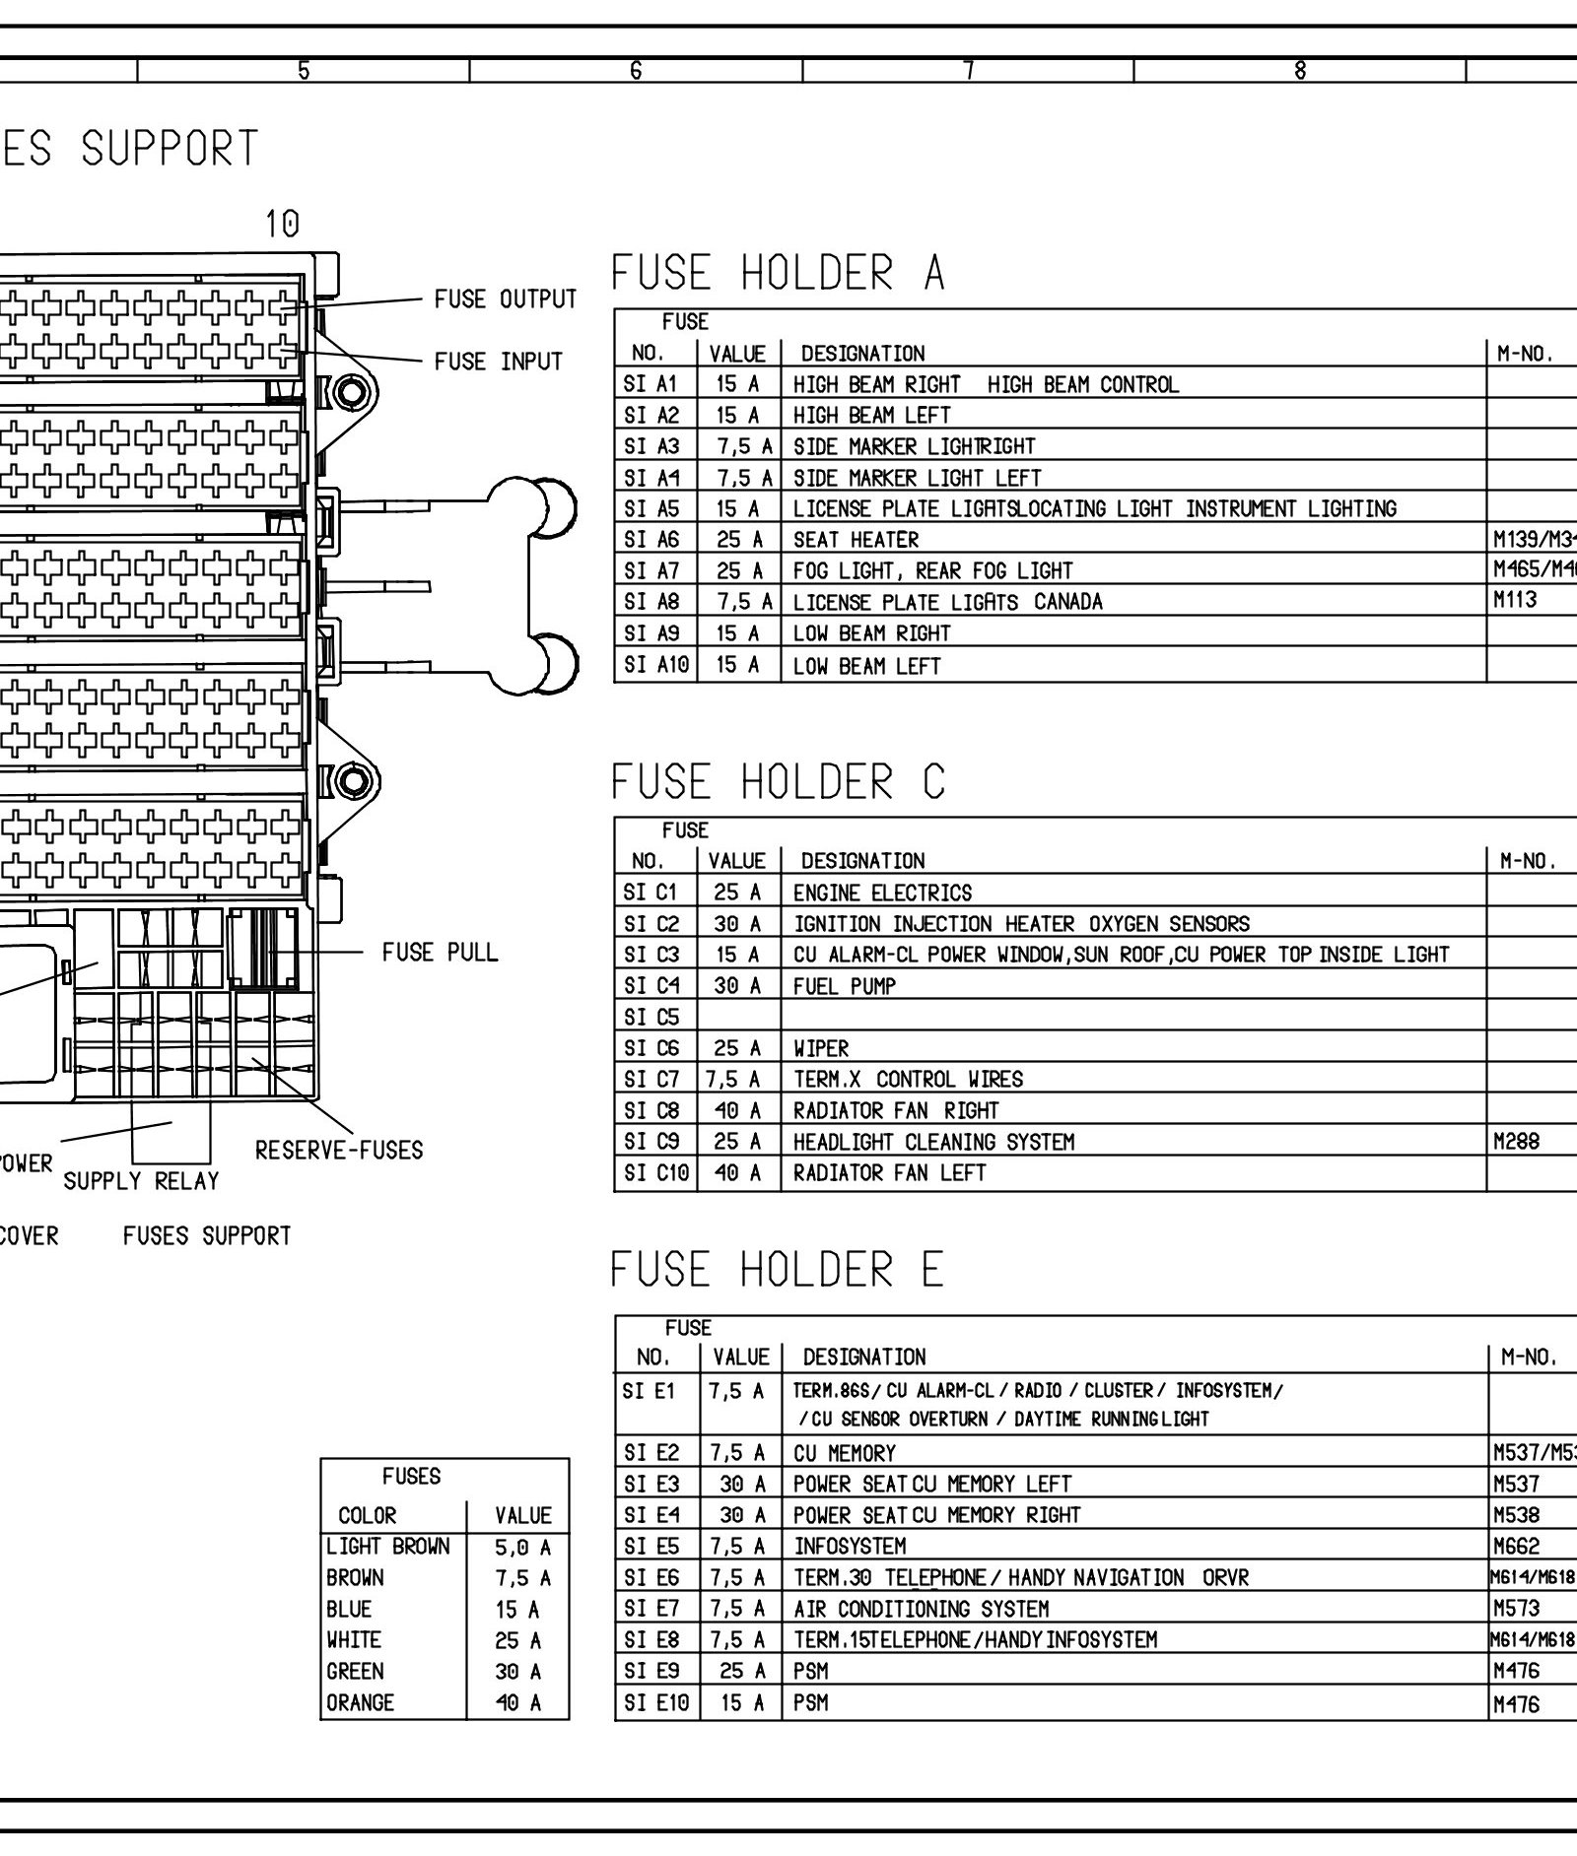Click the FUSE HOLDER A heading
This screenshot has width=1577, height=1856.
[x=778, y=273]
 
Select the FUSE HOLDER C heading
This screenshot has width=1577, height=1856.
[x=778, y=782]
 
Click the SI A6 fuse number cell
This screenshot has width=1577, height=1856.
[x=651, y=540]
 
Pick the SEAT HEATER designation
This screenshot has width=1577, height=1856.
[x=856, y=540]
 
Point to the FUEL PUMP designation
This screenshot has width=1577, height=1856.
[x=845, y=986]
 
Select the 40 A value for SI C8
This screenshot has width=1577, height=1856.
[x=738, y=1110]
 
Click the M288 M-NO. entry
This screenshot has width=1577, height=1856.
[x=1516, y=1142]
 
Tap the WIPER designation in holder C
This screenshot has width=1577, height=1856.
[x=821, y=1048]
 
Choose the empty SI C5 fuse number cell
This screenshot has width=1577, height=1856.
[x=651, y=1017]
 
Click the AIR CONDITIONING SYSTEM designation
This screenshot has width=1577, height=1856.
[x=921, y=1609]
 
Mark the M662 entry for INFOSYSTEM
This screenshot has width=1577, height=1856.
[x=1516, y=1547]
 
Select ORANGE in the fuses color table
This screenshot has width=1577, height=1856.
[x=360, y=1702]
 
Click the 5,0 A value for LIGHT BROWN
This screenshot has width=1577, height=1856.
[x=522, y=1547]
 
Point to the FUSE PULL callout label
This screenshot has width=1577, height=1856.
[x=440, y=953]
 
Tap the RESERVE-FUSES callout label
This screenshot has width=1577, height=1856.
[x=339, y=1150]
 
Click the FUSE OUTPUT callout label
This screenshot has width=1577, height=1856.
[x=505, y=299]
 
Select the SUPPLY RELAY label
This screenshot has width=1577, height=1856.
[x=141, y=1180]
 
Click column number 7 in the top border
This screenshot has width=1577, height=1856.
[x=969, y=71]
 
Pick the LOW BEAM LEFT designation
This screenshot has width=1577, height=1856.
[x=866, y=666]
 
